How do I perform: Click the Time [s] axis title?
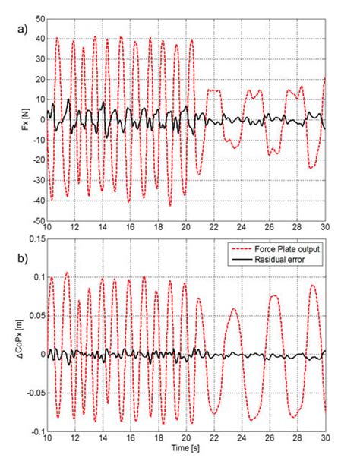[x=185, y=451]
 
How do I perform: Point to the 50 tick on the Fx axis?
[x=38, y=17]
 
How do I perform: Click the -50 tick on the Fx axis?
[x=36, y=221]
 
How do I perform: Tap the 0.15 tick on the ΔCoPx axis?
[x=33, y=237]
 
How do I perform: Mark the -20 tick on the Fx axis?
[x=36, y=160]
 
